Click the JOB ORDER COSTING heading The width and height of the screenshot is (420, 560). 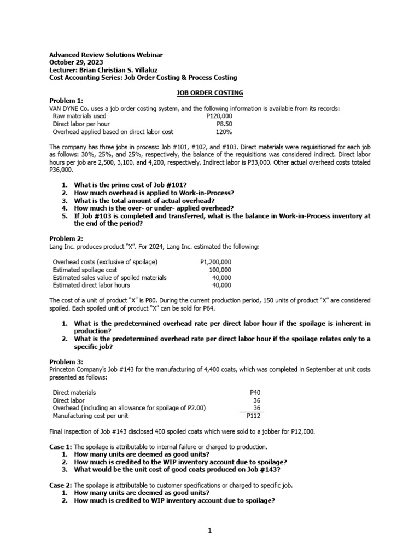coord(210,94)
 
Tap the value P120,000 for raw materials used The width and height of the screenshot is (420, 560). coord(219,116)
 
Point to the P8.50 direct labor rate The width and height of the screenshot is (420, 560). coord(224,124)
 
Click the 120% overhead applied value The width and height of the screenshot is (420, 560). coord(224,132)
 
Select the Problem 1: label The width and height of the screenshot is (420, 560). coord(67,101)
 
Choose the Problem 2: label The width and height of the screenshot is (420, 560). coord(67,239)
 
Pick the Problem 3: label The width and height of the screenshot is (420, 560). coord(67,362)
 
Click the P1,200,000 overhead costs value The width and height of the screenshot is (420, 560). coord(216,262)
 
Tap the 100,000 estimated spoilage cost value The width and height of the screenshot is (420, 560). coord(220,270)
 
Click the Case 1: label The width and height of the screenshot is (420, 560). coord(61,446)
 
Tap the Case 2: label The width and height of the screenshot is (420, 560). coord(61,485)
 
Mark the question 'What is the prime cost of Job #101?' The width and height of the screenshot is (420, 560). coord(134,185)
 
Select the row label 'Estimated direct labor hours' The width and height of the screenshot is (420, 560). coord(91,285)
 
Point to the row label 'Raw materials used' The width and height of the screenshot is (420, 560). coord(79,116)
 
